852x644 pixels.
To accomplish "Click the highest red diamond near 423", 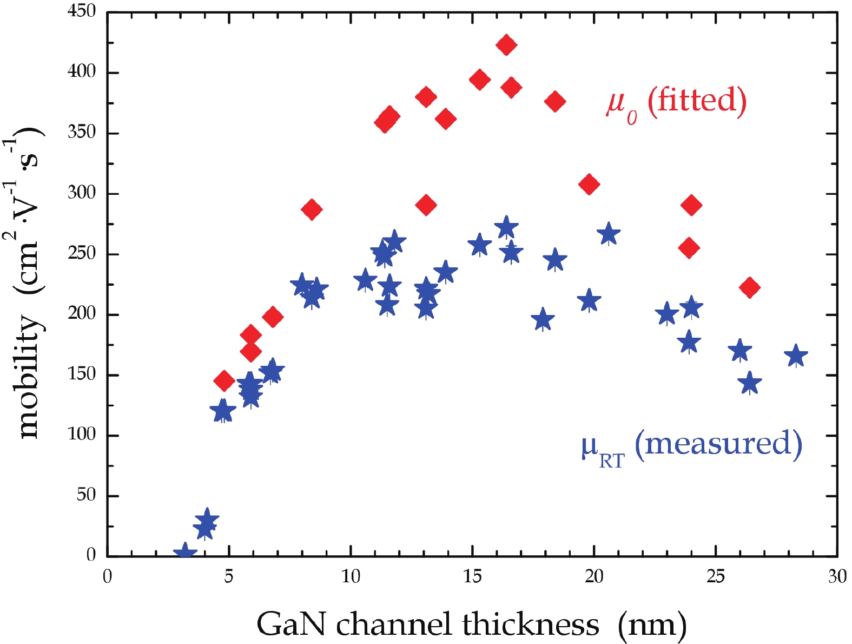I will pyautogui.click(x=506, y=45).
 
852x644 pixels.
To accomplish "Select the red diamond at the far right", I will pyautogui.click(x=749, y=287).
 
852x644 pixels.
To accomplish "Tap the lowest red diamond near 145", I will pyautogui.click(x=224, y=380).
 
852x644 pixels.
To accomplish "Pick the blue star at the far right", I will pyautogui.click(x=796, y=356).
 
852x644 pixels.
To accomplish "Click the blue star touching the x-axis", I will pyautogui.click(x=185, y=553).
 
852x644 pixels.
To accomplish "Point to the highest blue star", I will pyautogui.click(x=506, y=227).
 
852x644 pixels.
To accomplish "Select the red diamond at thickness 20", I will pyautogui.click(x=589, y=185).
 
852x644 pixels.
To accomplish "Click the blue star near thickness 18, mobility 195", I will pyautogui.click(x=543, y=320).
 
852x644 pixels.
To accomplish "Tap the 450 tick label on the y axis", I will pyautogui.click(x=82, y=11).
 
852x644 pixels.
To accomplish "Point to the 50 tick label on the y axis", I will pyautogui.click(x=86, y=495).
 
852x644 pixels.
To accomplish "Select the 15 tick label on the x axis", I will pyautogui.click(x=472, y=577).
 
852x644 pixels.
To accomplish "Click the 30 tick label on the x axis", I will pyautogui.click(x=837, y=577).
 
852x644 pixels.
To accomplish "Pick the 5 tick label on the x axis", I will pyautogui.click(x=229, y=577).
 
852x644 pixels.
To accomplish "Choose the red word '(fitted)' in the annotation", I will pyautogui.click(x=697, y=101).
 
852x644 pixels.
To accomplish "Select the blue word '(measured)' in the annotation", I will pyautogui.click(x=718, y=444).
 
